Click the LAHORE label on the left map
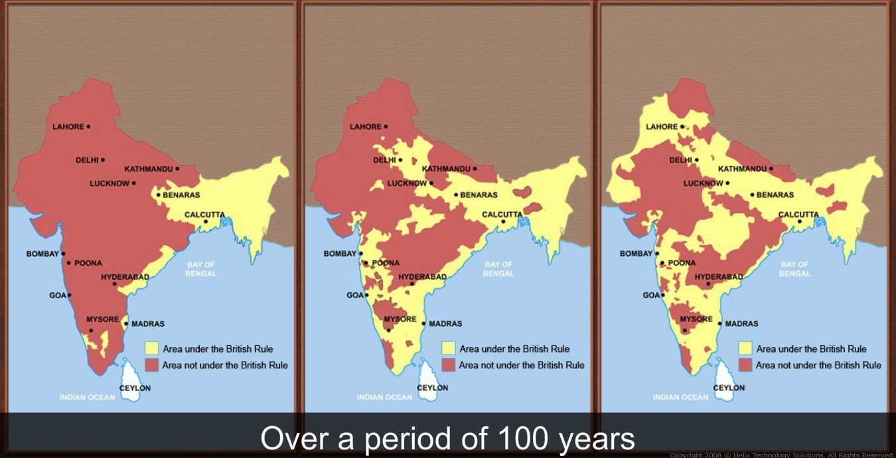pyautogui.click(x=68, y=127)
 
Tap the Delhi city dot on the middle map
pyautogui.click(x=400, y=160)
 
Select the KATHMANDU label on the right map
pyautogui.click(x=742, y=169)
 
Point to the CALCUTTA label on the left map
pyautogui.click(x=204, y=214)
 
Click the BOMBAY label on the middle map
pyautogui.click(x=340, y=254)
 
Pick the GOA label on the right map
pyautogui.click(x=650, y=296)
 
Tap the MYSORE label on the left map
pyautogui.click(x=102, y=319)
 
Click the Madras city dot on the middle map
pyautogui.click(x=423, y=323)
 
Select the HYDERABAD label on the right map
pyautogui.click(x=719, y=277)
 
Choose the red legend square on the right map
pyautogui.click(x=745, y=365)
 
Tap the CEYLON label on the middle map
pyautogui.click(x=433, y=388)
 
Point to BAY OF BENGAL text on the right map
pyautogui.click(x=794, y=269)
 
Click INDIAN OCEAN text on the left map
pyautogui.click(x=87, y=398)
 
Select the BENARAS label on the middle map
pyautogui.click(x=479, y=195)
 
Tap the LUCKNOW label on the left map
pyautogui.click(x=110, y=183)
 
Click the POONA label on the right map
pyautogui.click(x=682, y=263)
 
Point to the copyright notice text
pyautogui.click(x=783, y=455)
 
